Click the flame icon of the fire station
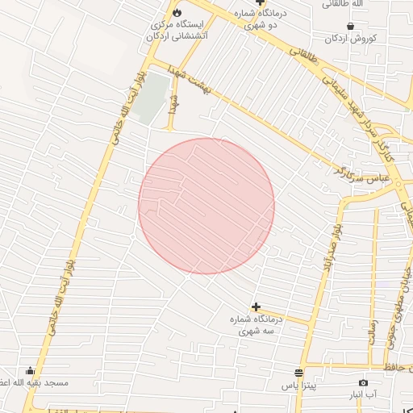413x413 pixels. [177, 12]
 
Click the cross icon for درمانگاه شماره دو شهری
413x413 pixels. [261, 2]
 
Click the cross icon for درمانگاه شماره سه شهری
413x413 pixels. [256, 307]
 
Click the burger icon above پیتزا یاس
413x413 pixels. [298, 373]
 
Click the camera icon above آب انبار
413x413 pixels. [363, 382]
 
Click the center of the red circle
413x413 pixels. [206, 206]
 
